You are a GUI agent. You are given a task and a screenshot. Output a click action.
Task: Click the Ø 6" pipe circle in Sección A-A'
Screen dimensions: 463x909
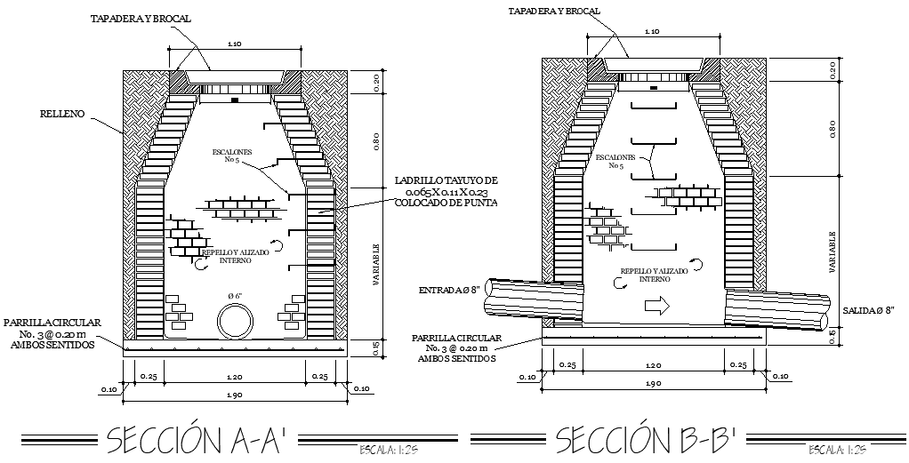click(x=236, y=320)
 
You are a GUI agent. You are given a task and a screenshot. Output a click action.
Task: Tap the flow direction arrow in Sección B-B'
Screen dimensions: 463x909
click(x=656, y=307)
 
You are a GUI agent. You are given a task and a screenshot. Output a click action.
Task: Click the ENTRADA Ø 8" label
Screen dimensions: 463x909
click(x=449, y=291)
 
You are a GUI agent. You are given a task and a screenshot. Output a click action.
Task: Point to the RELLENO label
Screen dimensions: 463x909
click(x=62, y=114)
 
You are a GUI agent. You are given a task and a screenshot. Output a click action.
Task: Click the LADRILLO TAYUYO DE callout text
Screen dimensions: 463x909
click(x=446, y=180)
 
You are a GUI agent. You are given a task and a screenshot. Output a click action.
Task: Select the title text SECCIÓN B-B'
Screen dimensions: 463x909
click(x=647, y=439)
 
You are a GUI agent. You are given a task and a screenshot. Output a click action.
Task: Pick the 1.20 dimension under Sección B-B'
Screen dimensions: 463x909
click(x=654, y=365)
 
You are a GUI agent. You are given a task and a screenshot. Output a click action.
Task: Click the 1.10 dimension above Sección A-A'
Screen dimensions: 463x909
click(x=235, y=44)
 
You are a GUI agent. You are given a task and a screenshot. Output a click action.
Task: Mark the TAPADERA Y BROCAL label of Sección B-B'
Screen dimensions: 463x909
click(x=554, y=12)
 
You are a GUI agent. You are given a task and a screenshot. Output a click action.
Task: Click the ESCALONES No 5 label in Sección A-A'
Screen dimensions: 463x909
click(x=230, y=156)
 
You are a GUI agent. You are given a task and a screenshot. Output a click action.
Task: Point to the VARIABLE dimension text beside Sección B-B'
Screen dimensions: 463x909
click(x=833, y=251)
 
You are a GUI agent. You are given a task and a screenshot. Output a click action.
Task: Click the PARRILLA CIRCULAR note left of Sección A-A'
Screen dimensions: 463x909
click(x=52, y=333)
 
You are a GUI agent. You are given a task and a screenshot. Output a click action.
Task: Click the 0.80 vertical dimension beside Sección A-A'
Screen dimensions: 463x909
click(x=376, y=140)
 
